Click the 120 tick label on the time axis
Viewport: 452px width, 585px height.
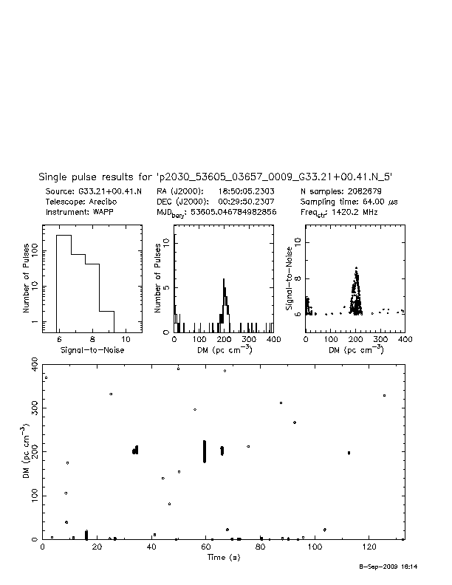(x=368, y=547)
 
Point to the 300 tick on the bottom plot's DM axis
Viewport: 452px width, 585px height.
(x=35, y=408)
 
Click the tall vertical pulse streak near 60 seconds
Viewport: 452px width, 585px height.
(x=205, y=451)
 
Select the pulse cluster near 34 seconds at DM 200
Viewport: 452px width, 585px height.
(x=135, y=450)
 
